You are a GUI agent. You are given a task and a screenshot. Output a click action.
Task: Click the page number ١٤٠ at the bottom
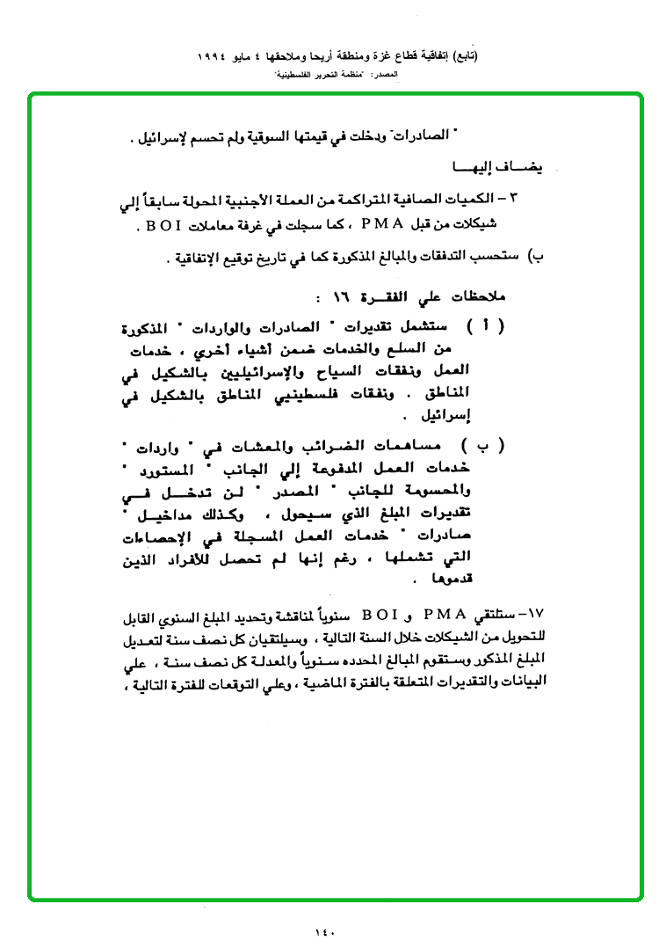(325, 931)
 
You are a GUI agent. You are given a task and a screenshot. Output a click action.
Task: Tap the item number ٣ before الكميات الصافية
(538, 200)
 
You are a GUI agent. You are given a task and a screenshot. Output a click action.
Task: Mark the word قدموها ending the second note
(449, 580)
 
